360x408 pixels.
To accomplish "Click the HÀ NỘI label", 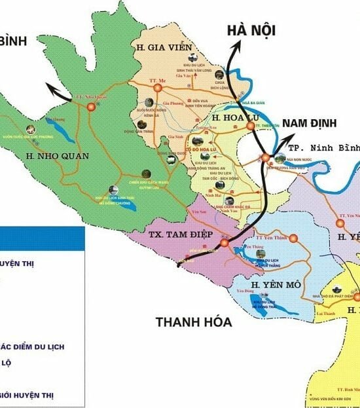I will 251,30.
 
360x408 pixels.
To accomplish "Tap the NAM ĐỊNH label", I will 309,122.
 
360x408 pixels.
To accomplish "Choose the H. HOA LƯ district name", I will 231,117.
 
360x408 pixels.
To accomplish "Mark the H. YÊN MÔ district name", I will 275,286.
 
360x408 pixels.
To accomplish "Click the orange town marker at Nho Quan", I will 91,105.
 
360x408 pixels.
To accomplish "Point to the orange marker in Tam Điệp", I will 224,243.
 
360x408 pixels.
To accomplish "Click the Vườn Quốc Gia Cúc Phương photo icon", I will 29,128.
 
